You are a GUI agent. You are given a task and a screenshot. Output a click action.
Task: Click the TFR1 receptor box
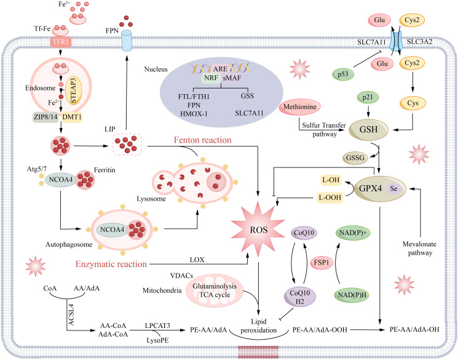pos(60,42)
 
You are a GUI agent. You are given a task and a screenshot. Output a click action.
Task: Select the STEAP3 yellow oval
pos(73,90)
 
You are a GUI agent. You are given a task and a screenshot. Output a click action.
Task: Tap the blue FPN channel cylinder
pos(127,41)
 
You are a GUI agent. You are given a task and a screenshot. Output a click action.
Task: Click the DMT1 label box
pos(72,118)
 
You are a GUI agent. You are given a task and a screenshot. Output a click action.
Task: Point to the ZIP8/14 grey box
pos(45,118)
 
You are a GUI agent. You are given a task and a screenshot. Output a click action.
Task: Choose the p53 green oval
pos(343,74)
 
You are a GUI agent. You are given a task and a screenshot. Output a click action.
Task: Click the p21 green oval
pos(368,97)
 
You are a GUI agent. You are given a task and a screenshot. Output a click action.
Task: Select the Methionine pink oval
pos(299,107)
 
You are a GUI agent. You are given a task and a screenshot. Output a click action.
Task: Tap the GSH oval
pos(369,130)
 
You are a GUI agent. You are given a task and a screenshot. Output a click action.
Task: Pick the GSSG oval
pos(355,158)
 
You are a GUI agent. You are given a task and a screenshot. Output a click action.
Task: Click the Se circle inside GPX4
pos(393,189)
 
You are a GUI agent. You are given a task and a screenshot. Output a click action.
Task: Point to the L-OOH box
pos(330,198)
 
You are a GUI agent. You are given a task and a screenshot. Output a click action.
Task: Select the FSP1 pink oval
pos(322,263)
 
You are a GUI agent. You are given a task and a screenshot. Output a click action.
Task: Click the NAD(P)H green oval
pos(352,295)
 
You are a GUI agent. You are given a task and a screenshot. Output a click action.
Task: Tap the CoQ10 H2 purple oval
pos(299,297)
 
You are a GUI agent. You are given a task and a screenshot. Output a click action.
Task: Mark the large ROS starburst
pos(258,230)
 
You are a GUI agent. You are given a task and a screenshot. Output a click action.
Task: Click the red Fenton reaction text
pos(203,140)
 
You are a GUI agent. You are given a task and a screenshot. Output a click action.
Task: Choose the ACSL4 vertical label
pos(71,315)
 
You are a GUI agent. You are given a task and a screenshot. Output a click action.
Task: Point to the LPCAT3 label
pos(157,325)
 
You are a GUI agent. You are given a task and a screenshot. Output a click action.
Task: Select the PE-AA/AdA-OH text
pos(414,330)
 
